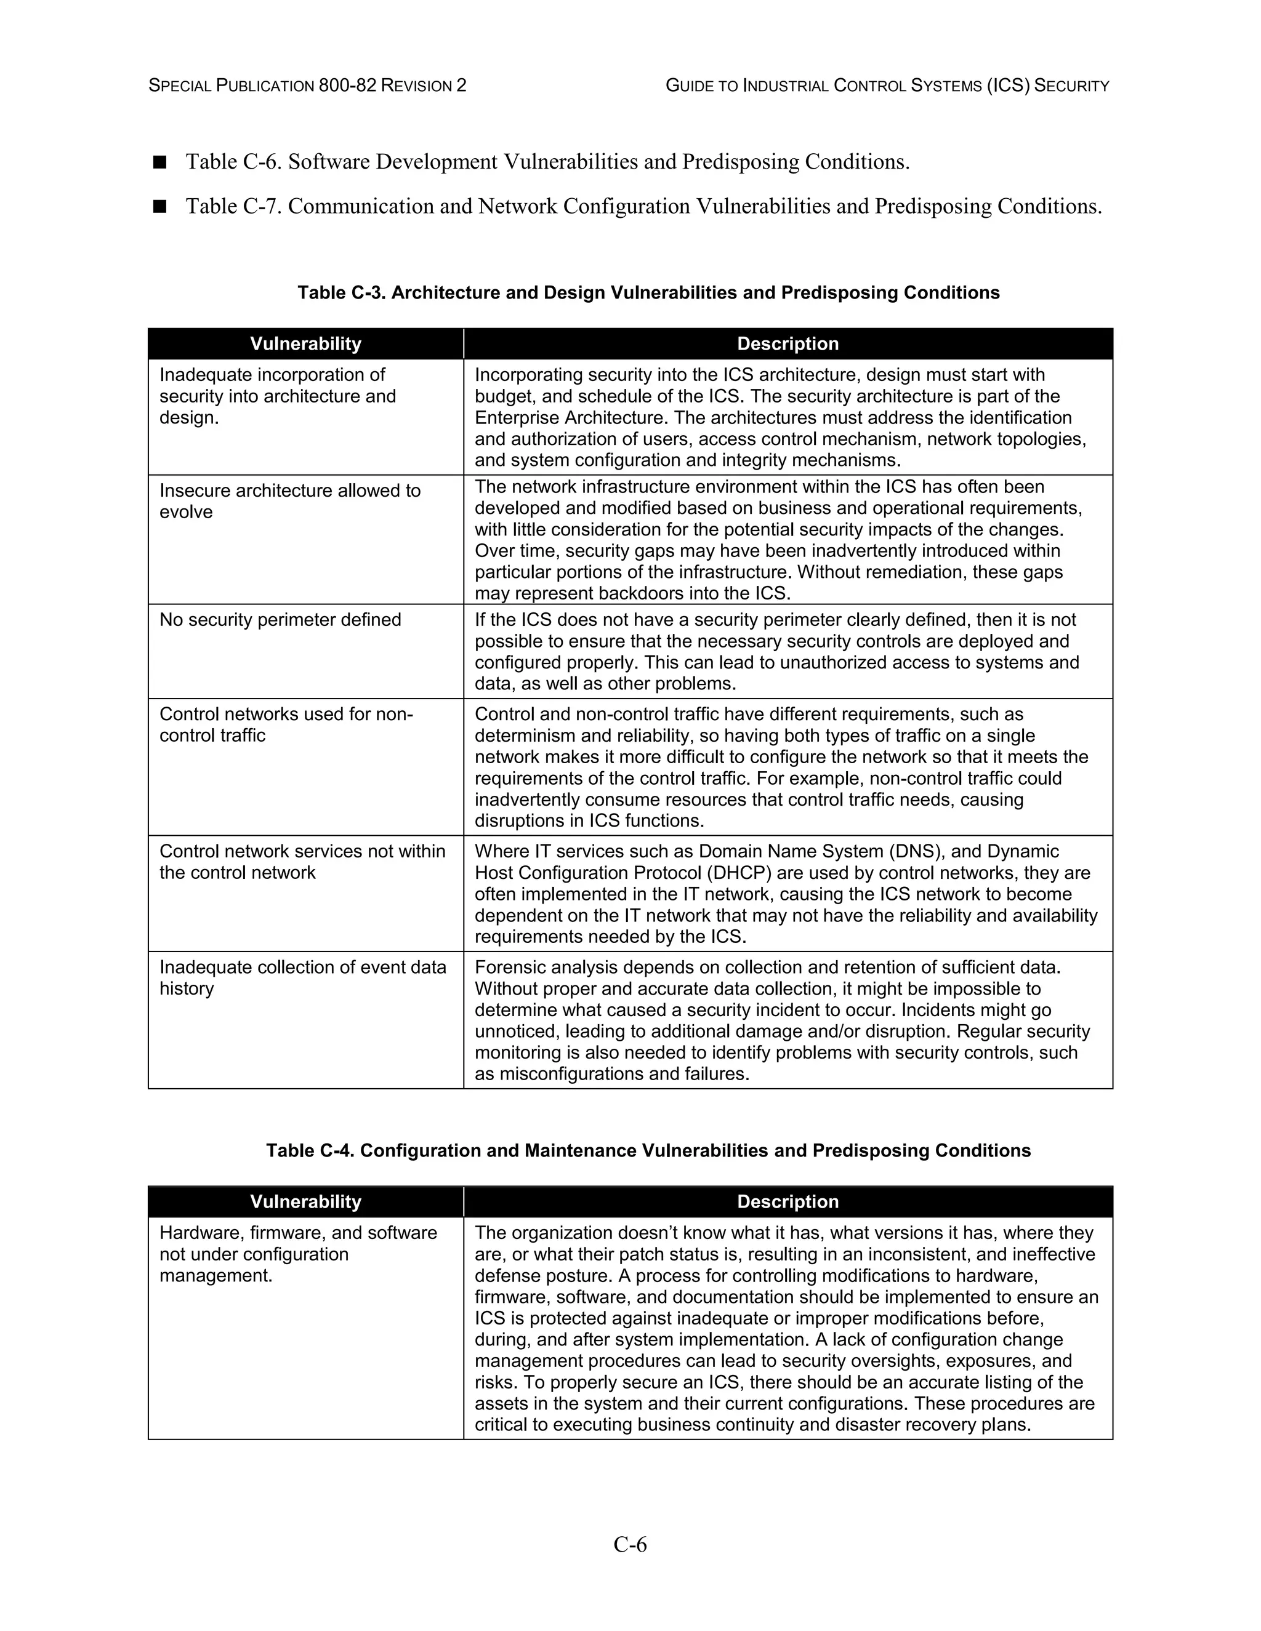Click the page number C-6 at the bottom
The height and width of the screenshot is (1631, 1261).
[x=630, y=1544]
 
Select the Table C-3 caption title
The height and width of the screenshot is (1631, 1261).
[x=648, y=293]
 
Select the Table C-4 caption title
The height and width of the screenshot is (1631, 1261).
[x=648, y=1150]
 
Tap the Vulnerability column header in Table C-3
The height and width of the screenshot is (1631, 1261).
[x=305, y=343]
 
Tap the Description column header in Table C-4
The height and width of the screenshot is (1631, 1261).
[x=788, y=1201]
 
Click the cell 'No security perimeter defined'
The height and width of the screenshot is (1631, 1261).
[x=280, y=620]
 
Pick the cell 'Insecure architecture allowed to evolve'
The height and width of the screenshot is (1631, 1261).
[x=290, y=501]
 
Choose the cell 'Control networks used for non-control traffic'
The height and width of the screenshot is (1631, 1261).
[x=286, y=724]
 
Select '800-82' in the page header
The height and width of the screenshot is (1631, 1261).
[x=347, y=86]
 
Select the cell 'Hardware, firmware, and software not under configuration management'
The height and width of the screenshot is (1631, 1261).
[x=297, y=1254]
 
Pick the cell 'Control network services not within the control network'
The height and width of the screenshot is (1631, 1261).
[x=302, y=862]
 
